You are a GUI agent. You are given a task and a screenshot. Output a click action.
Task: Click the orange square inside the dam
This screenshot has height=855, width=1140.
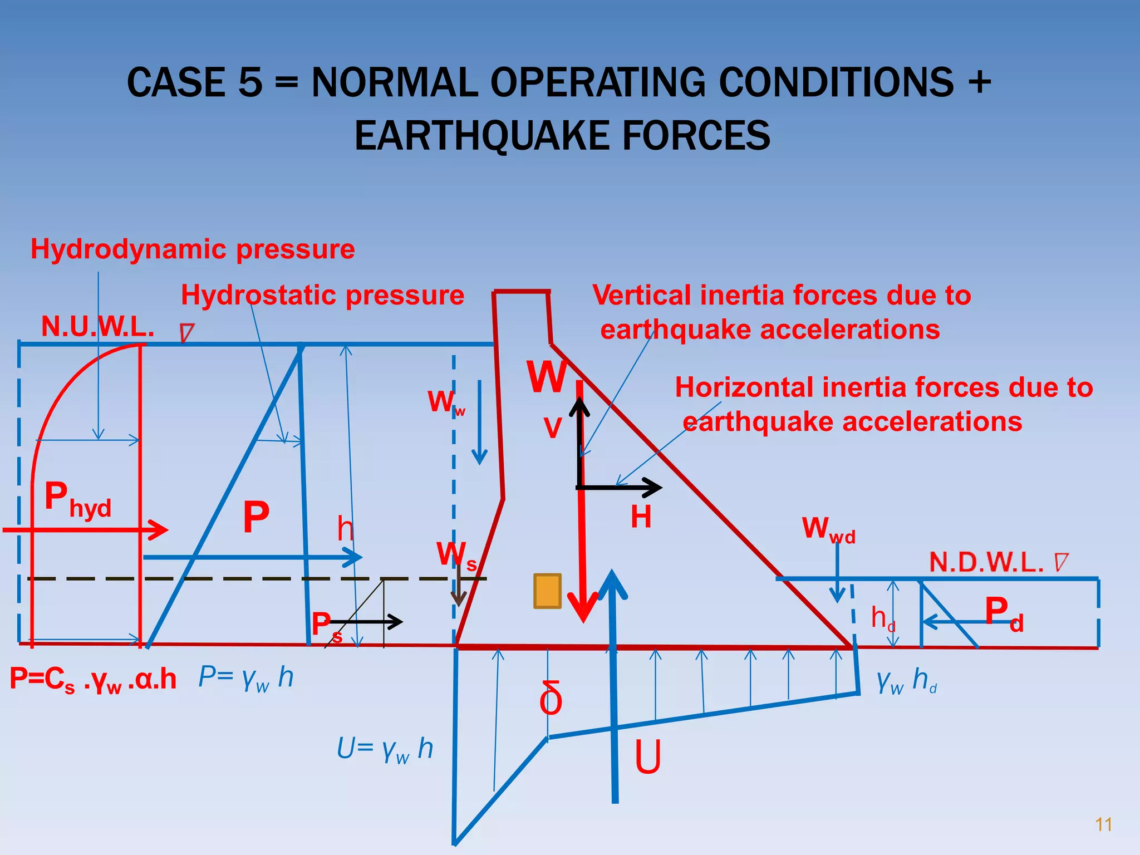547,591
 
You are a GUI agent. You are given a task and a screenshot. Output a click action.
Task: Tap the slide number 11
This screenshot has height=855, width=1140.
1103,824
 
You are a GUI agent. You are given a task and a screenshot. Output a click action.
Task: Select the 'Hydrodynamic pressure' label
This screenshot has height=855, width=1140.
193,249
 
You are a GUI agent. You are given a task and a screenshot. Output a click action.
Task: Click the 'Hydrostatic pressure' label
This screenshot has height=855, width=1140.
322,295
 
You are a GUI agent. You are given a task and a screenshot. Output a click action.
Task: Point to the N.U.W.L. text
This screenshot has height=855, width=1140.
97,326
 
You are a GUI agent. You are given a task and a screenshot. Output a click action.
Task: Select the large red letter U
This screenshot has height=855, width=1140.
648,757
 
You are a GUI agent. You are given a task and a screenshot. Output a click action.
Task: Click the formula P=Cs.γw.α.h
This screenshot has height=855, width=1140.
93,680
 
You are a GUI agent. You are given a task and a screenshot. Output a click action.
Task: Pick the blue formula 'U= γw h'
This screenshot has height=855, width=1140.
385,749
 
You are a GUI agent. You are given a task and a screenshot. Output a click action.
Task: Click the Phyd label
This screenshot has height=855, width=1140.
78,499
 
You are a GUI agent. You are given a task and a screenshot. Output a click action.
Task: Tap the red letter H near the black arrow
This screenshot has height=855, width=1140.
641,517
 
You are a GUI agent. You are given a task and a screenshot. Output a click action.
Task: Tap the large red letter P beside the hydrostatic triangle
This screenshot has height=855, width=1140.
256,517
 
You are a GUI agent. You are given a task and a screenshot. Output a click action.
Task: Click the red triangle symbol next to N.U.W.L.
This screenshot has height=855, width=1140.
186,333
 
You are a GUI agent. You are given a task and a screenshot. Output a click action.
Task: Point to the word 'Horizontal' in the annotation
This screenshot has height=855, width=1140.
744,387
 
